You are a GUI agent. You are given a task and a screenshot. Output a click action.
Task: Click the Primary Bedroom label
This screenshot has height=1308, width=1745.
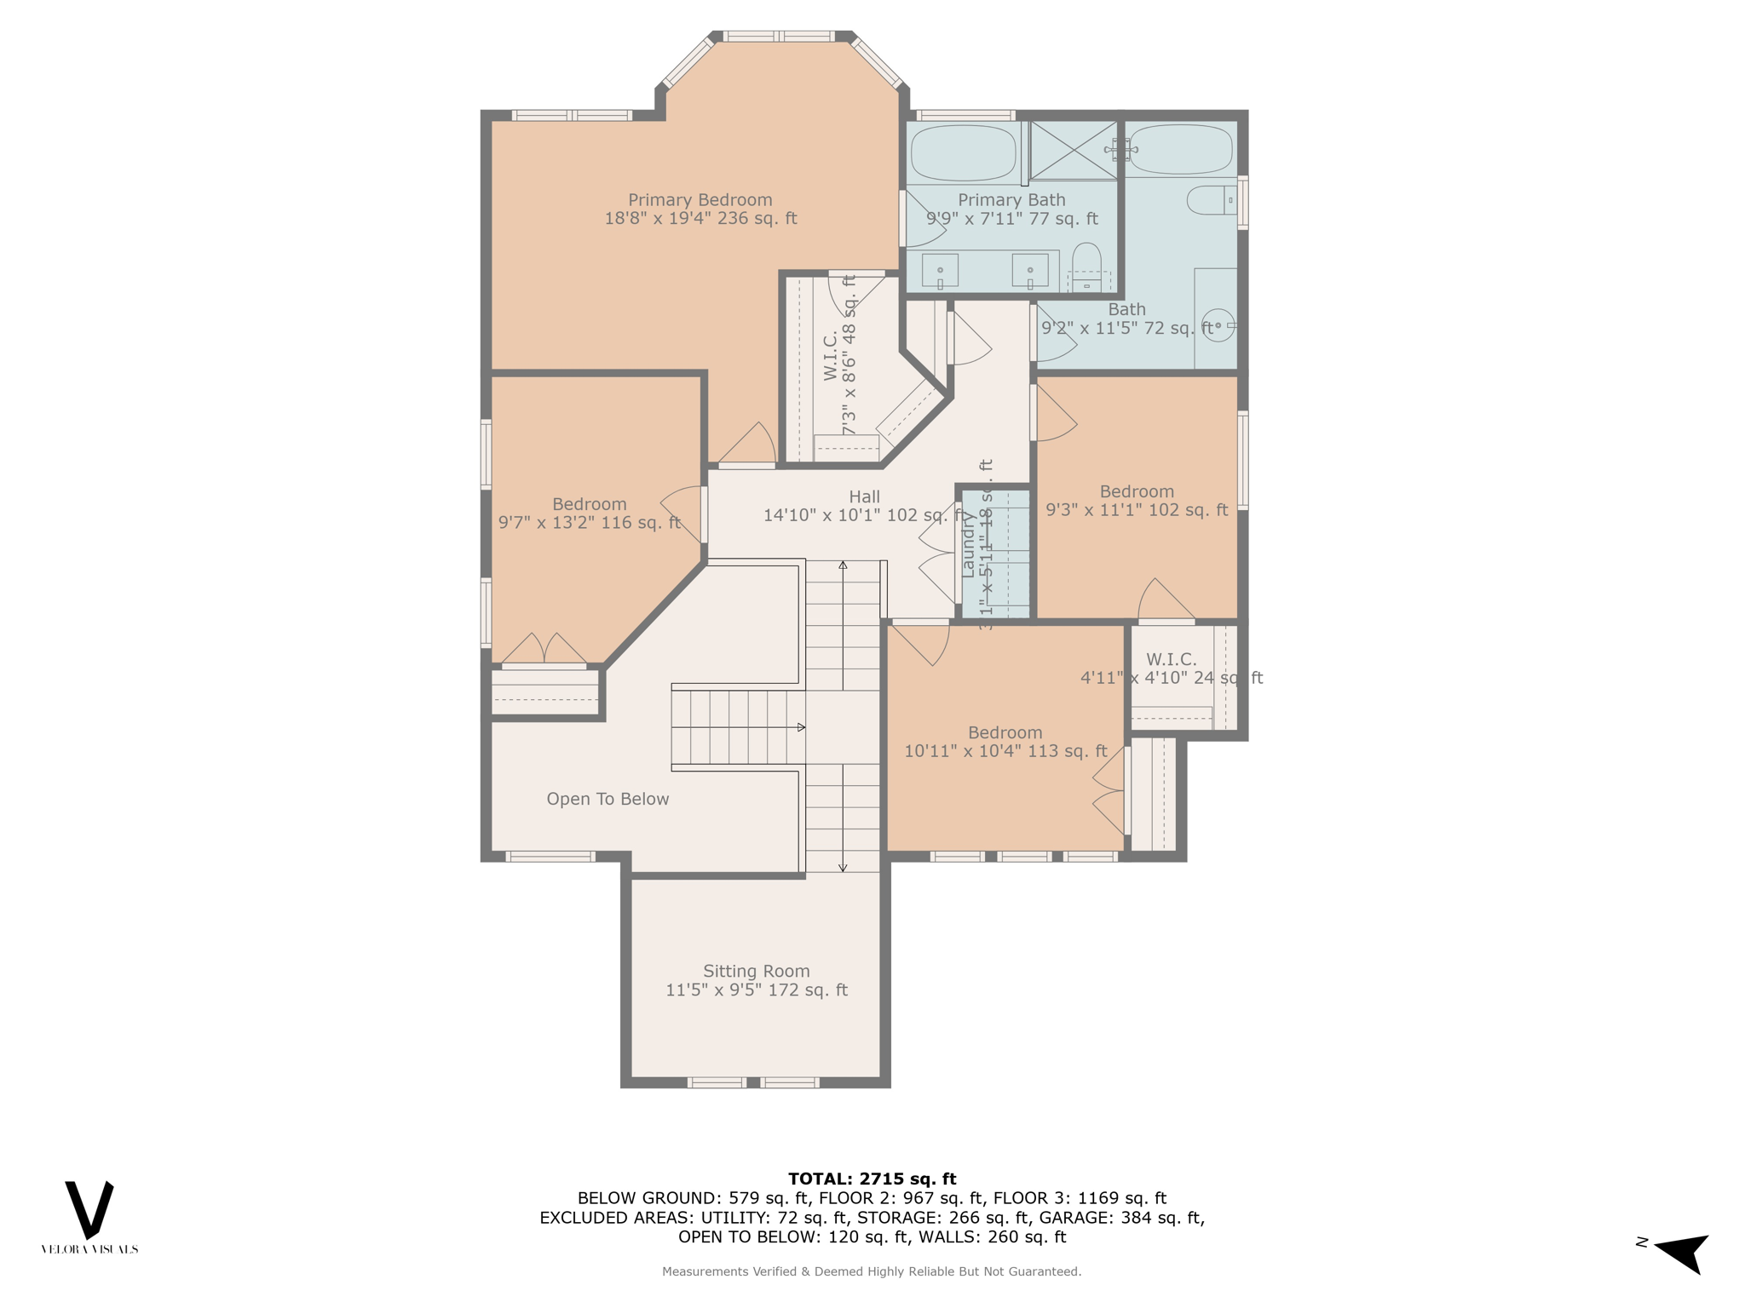coord(700,209)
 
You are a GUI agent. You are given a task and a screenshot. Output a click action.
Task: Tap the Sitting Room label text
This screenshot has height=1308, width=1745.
coord(756,980)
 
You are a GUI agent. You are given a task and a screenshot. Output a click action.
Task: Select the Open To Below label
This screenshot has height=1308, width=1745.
coord(608,799)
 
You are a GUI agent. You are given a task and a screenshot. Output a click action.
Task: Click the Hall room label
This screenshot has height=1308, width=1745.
coord(864,506)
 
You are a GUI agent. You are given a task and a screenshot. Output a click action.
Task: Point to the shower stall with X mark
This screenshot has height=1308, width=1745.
coord(1074,151)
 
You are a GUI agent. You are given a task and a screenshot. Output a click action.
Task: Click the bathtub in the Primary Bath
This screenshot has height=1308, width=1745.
coord(964,153)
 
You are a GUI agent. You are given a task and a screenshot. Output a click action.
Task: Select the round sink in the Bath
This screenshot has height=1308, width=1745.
coord(1218,325)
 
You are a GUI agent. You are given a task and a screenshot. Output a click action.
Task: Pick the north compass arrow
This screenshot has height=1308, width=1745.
coord(1682,1251)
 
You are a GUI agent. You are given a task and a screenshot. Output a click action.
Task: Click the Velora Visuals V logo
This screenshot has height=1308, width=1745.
coord(89,1209)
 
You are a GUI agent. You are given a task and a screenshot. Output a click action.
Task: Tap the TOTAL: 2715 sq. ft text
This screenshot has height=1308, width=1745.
coord(872,1179)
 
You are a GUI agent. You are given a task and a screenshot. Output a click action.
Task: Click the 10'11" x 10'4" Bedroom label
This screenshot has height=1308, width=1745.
coord(1005,742)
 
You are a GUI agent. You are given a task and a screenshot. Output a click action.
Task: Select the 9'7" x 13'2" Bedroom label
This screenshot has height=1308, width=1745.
coord(590,513)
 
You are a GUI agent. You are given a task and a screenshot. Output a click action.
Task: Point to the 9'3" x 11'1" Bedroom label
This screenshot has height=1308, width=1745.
coord(1137,501)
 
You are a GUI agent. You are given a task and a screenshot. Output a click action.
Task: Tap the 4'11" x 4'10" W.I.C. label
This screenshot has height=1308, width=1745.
coord(1171,668)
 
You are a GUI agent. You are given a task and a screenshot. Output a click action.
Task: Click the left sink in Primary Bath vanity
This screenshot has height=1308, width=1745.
coord(940,271)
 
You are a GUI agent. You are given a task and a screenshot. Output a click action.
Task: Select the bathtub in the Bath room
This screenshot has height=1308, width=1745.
coord(1181,150)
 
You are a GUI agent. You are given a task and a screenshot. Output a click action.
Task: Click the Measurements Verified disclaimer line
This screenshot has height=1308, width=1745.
coord(872,1271)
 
